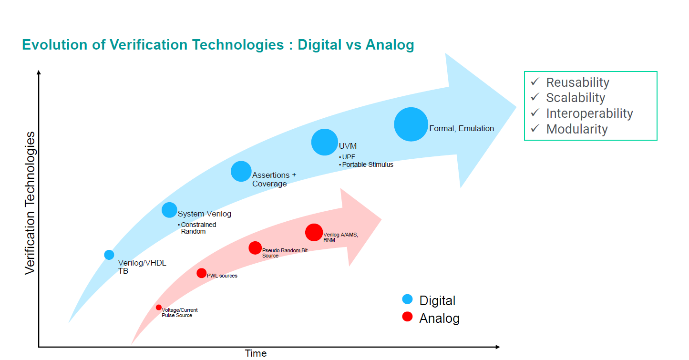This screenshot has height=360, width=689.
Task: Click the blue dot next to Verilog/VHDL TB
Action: click(x=109, y=255)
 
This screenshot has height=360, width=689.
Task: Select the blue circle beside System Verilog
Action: click(x=169, y=210)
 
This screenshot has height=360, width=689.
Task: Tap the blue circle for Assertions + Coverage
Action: click(x=241, y=171)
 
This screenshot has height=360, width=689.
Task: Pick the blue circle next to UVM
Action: click(x=324, y=142)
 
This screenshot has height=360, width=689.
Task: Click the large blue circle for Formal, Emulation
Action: click(x=411, y=124)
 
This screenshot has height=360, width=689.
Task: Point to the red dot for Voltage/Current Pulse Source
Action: click(x=159, y=308)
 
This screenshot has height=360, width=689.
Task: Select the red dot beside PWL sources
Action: click(x=202, y=273)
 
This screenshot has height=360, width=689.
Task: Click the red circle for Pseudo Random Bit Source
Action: click(x=255, y=248)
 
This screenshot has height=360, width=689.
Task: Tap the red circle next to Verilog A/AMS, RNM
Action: click(x=314, y=232)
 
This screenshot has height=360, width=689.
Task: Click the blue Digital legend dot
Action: click(x=407, y=299)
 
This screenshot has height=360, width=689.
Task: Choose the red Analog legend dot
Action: click(x=407, y=317)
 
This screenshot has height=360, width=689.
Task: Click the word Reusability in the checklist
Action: click(x=577, y=82)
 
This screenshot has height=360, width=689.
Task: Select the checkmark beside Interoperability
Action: click(x=535, y=113)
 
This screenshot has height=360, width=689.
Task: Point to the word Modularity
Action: click(x=577, y=129)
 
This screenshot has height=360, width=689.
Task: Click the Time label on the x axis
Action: click(x=256, y=353)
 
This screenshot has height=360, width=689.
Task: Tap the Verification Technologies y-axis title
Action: click(x=30, y=203)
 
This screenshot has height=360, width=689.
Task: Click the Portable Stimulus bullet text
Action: click(x=368, y=165)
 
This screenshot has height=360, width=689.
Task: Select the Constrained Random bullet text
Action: click(x=198, y=228)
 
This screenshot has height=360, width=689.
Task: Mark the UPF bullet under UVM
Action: click(x=349, y=157)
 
